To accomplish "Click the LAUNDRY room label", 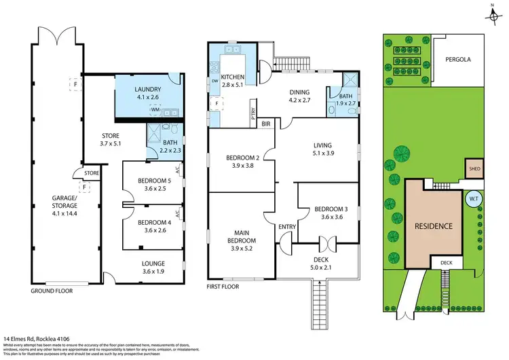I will tap(147, 89).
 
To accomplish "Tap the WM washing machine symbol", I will tap(155, 109).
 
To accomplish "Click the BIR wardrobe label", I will tap(266, 124).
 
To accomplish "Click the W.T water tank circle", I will tap(473, 199).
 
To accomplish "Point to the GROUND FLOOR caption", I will tap(51, 291).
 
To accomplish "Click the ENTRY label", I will tap(286, 226).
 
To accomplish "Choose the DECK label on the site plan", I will tap(446, 263).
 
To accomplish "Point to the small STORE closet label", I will tap(92, 173).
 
